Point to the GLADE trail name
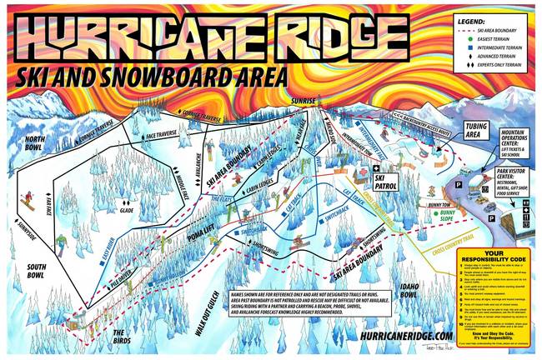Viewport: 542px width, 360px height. coord(127,210)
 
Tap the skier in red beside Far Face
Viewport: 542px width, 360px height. coord(26,201)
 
